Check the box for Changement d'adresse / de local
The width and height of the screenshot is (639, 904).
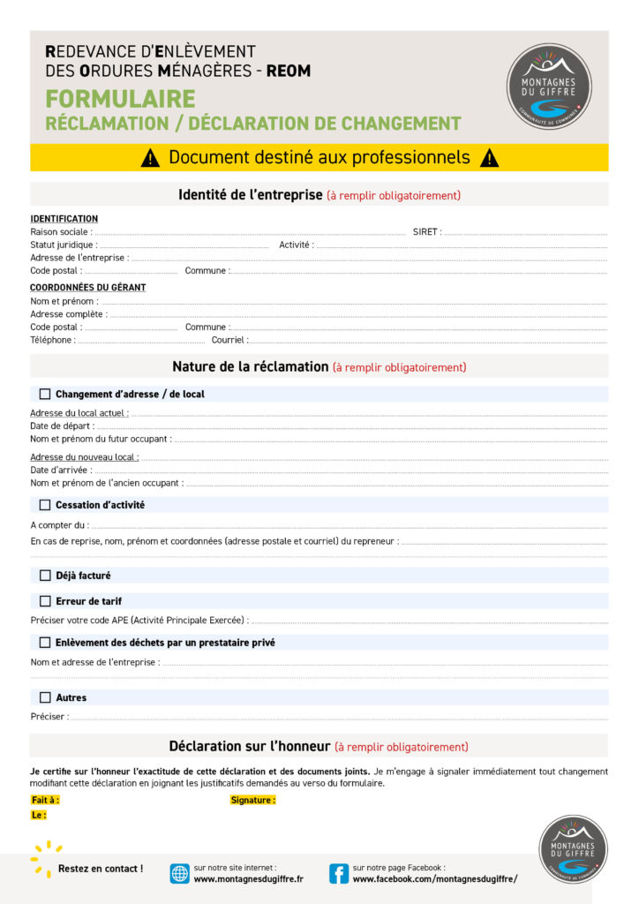(x=45, y=394)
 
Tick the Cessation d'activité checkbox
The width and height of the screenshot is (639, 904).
(x=45, y=505)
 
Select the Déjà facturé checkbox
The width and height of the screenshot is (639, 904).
(x=45, y=576)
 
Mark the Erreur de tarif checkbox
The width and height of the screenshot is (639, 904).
(x=45, y=601)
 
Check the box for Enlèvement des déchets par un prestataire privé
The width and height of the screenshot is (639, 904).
(x=45, y=643)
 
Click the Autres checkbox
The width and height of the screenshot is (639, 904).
(x=45, y=697)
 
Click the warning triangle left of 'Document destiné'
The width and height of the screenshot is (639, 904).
(x=150, y=158)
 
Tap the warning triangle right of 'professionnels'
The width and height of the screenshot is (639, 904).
(x=489, y=158)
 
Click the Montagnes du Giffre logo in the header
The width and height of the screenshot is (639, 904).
(x=549, y=86)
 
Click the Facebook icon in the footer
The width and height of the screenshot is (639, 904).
(x=338, y=873)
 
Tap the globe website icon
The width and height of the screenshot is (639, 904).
(x=180, y=873)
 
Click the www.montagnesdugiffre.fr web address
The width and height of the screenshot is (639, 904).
(x=248, y=879)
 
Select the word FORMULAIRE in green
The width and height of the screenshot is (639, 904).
(x=120, y=99)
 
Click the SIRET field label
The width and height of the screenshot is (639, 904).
(x=426, y=232)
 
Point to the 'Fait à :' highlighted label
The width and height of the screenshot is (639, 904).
(x=45, y=800)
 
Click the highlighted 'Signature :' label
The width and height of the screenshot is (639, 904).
(x=252, y=800)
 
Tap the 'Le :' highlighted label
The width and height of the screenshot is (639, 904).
(x=39, y=815)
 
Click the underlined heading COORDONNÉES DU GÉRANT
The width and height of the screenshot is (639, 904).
(x=87, y=288)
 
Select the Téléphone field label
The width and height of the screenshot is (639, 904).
(x=52, y=340)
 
